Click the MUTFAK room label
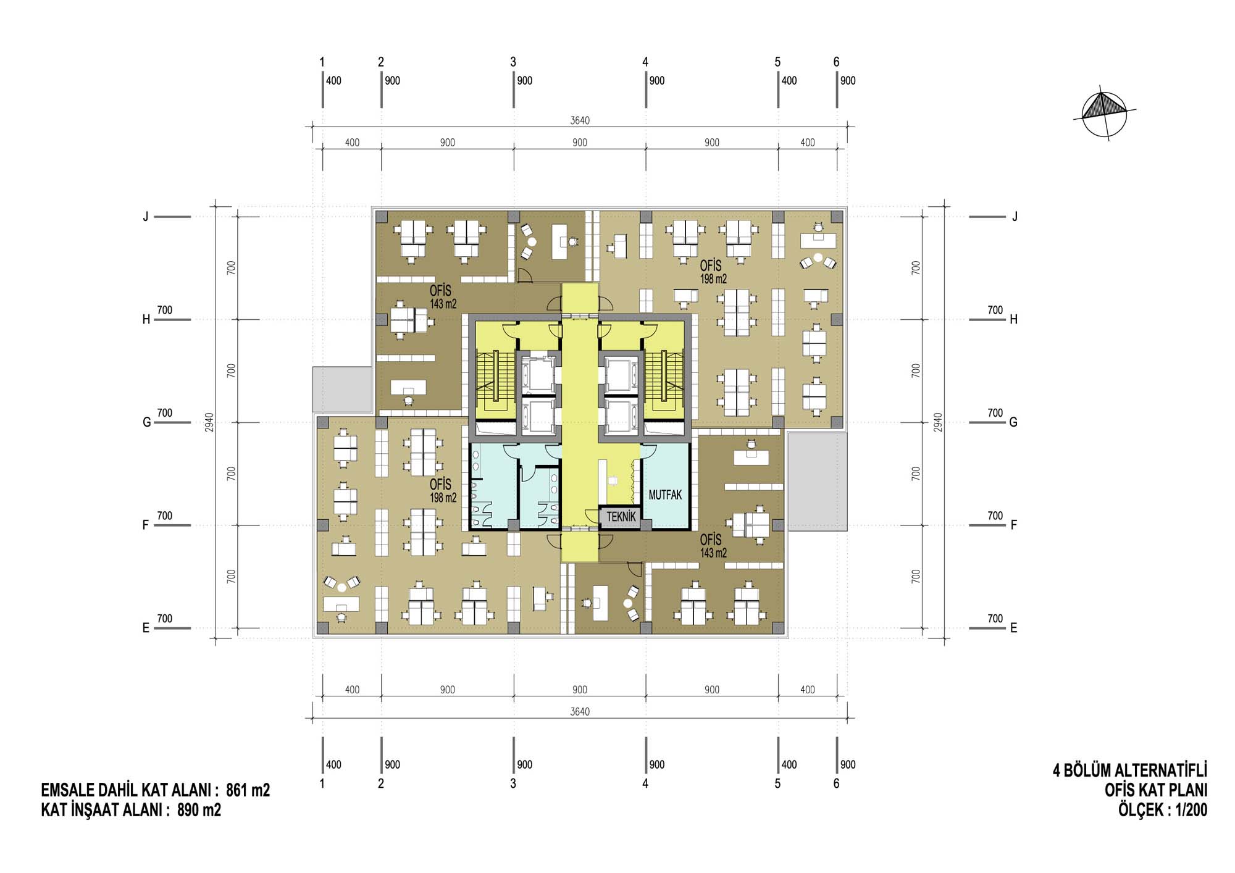[665, 495]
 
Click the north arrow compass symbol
[1105, 115]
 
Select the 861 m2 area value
[248, 790]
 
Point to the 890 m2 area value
[199, 810]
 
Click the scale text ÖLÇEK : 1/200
[1162, 810]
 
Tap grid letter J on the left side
[146, 217]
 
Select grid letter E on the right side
[1014, 628]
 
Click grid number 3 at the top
[513, 62]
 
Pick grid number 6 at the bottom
[837, 783]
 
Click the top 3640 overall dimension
[580, 120]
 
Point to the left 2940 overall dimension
[210, 422]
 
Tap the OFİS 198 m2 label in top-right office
[713, 272]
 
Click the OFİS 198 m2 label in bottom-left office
[443, 491]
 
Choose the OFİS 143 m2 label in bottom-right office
[713, 546]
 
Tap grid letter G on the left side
[146, 422]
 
